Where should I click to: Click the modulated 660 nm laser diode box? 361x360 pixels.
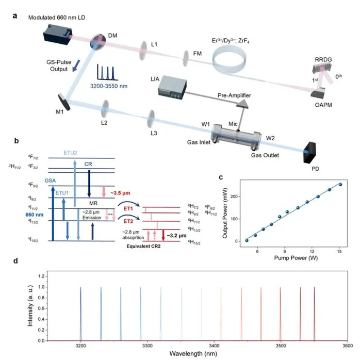[58, 35]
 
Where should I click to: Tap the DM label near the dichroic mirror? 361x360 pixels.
[112, 36]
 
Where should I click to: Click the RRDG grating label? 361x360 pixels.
[323, 59]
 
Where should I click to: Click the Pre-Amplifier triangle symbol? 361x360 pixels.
[242, 104]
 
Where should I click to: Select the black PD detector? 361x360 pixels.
[309, 152]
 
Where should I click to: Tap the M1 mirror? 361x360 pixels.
[64, 102]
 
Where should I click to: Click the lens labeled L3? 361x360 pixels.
[151, 119]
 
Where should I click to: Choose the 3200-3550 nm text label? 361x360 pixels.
[109, 86]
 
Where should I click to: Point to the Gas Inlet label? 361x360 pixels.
[199, 142]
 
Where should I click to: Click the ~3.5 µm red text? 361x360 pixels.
[120, 193]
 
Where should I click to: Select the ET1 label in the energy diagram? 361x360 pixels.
[128, 208]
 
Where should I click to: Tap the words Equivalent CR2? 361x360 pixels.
[143, 246]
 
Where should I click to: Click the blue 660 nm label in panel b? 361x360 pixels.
[35, 215]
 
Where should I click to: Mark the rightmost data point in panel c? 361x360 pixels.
[340, 184]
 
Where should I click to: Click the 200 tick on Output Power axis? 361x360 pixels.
[235, 197]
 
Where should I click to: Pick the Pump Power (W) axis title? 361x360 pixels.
[296, 258]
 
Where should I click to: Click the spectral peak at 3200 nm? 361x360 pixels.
[80, 314]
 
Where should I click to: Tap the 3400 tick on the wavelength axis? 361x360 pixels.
[214, 346]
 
